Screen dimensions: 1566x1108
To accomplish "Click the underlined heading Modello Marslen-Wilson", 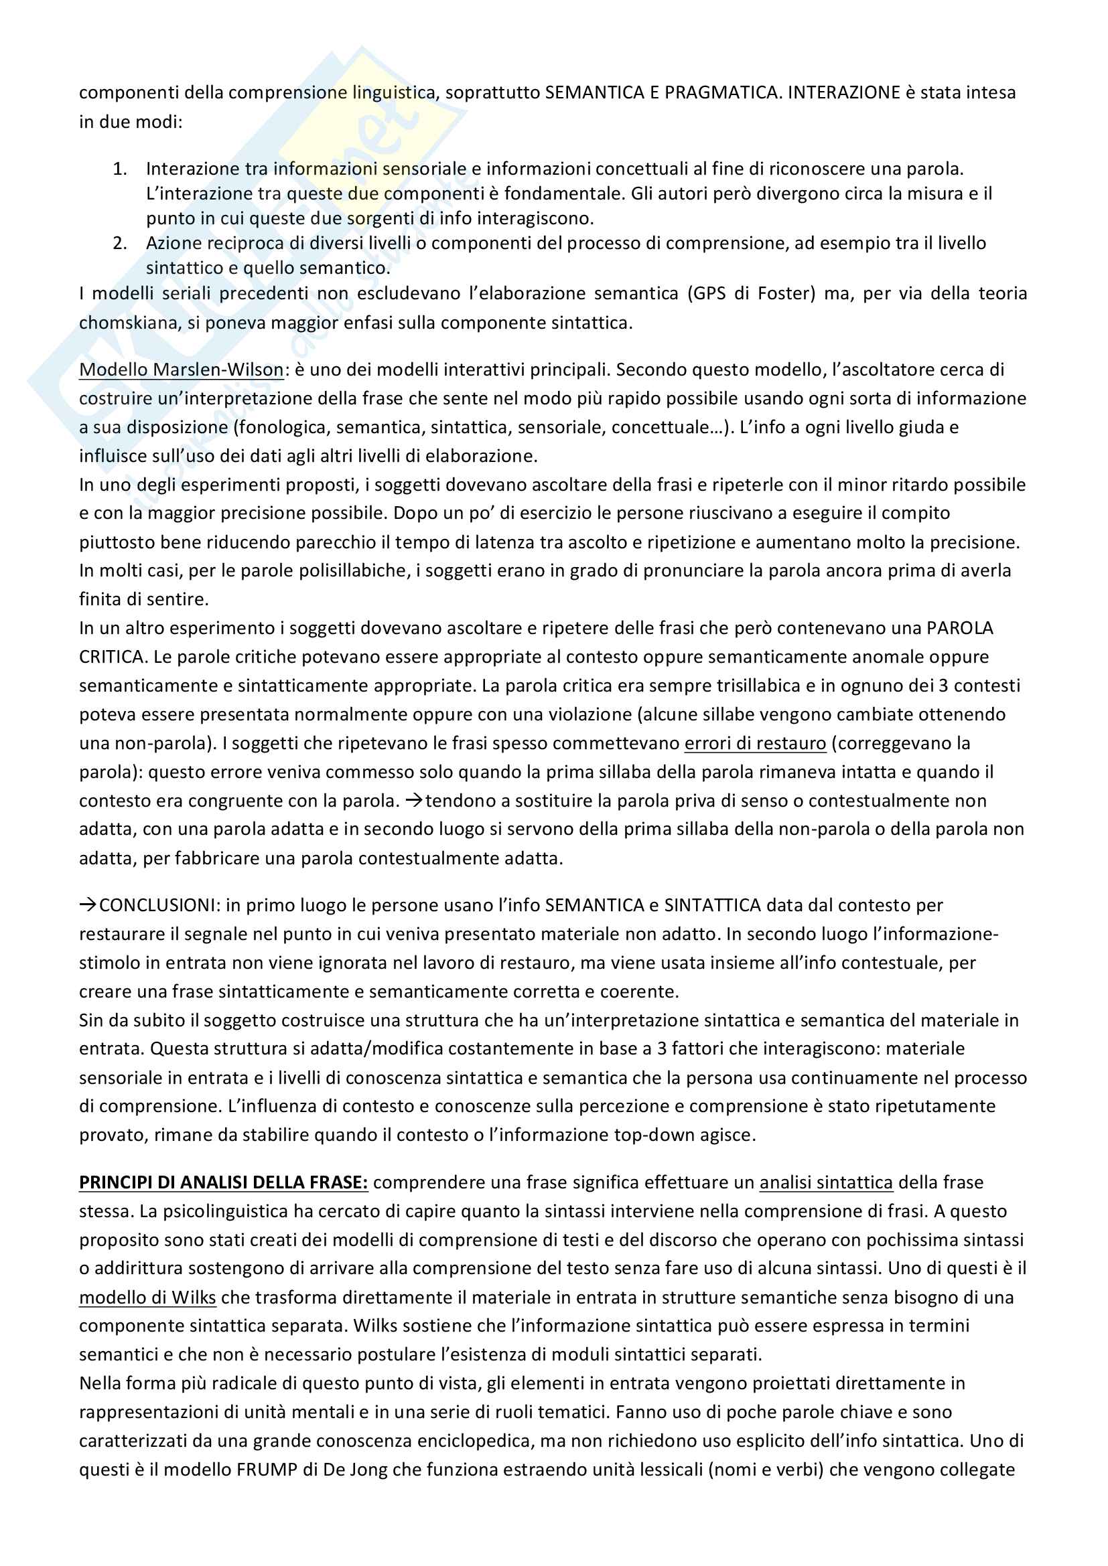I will click(x=181, y=370).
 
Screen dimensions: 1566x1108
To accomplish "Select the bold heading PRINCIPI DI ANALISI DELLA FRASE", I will click(x=223, y=1182).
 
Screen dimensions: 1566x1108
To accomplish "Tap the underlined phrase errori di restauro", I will click(x=754, y=742).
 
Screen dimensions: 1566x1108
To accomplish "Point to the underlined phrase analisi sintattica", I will click(x=825, y=1182).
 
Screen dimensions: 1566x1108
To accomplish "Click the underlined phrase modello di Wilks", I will click(x=147, y=1297).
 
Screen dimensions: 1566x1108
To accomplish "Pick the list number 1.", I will click(x=120, y=169).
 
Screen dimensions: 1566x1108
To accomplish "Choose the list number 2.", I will click(x=120, y=243).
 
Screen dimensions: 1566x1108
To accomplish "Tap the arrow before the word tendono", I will click(x=413, y=800).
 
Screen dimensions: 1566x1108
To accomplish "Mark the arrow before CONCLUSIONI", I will click(x=88, y=905).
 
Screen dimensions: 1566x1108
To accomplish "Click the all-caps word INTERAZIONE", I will click(x=843, y=92).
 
